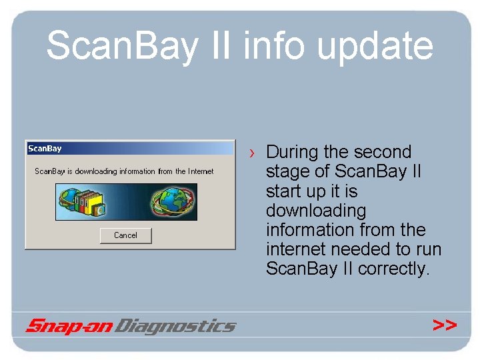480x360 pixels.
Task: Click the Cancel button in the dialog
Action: pos(125,235)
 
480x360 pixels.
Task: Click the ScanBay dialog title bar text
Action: pos(45,148)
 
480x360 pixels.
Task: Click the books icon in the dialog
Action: pos(83,202)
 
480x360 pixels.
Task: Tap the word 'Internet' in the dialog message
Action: pos(201,171)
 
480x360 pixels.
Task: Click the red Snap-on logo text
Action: pos(69,326)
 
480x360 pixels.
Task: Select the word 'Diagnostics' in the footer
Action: pos(176,326)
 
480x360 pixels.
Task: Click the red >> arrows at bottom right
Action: pos(445,325)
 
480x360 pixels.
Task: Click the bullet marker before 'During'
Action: pos(252,153)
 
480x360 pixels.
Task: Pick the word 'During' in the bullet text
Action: pos(297,152)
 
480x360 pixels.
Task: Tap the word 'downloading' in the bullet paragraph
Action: pos(316,211)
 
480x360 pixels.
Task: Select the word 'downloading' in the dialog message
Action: pos(96,171)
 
